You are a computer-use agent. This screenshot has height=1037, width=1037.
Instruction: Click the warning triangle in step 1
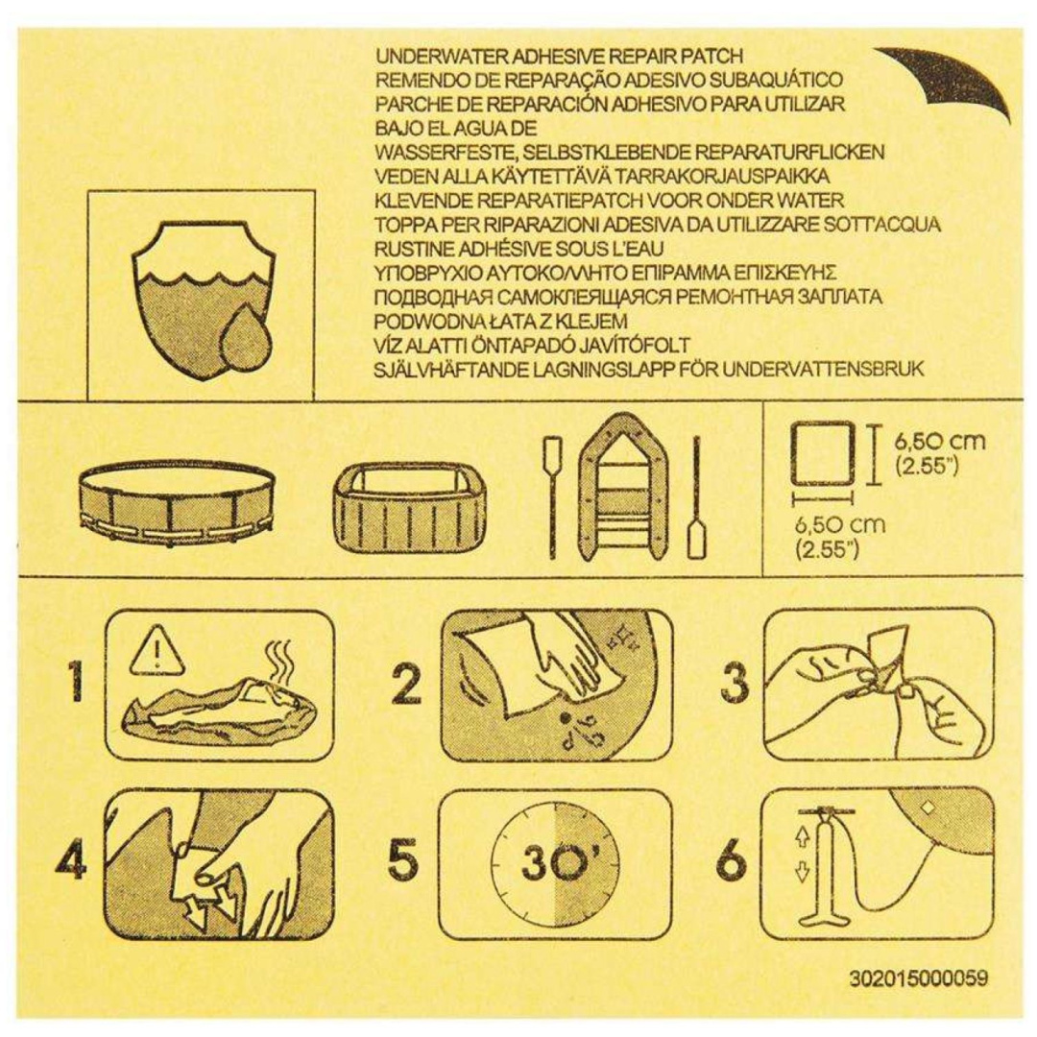pyautogui.click(x=156, y=649)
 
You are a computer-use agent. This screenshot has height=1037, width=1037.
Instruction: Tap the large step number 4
pyautogui.click(x=71, y=860)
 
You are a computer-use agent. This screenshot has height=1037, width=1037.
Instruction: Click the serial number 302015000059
pyautogui.click(x=919, y=977)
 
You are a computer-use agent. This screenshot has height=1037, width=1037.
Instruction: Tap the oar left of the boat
pyautogui.click(x=552, y=494)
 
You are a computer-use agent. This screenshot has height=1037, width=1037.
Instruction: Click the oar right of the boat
pyautogui.click(x=696, y=499)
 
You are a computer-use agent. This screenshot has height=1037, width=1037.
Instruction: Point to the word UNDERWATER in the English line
pyautogui.click(x=440, y=57)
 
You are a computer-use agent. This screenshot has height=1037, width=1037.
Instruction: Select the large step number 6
pyautogui.click(x=731, y=860)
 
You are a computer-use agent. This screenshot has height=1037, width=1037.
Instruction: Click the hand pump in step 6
pyautogui.click(x=824, y=864)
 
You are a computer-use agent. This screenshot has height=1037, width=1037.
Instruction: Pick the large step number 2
pyautogui.click(x=406, y=685)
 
